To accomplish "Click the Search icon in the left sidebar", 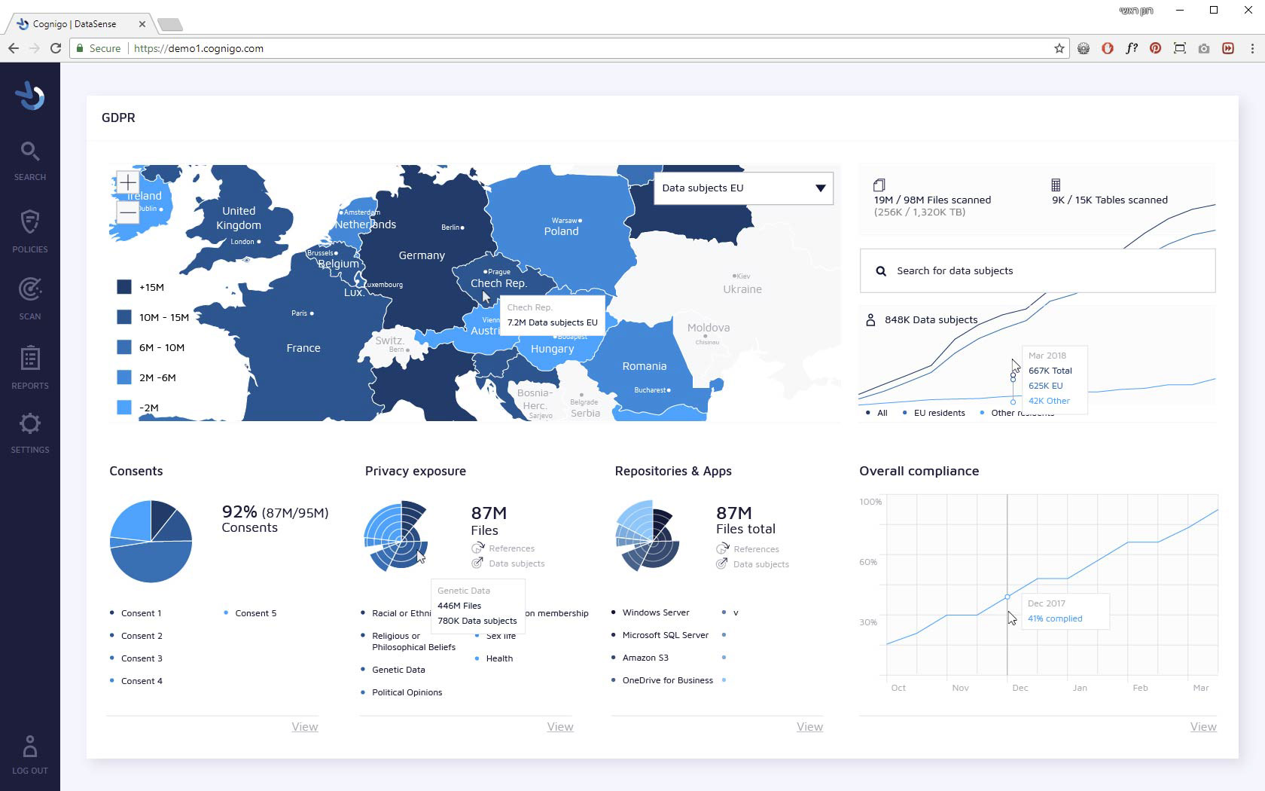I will (30, 152).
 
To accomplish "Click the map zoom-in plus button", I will (128, 183).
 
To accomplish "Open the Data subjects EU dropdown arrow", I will (820, 188).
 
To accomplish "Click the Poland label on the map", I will (562, 231).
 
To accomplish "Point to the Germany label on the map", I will (422, 255).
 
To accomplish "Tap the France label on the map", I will (303, 348).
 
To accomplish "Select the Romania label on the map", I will (644, 366).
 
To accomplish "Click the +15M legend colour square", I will (124, 287).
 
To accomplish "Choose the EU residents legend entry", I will (938, 413).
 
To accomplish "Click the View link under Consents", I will (305, 727).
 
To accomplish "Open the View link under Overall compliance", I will (1203, 727).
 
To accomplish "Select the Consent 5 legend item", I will (255, 613).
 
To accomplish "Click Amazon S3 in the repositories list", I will (645, 658).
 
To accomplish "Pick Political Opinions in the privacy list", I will (407, 692).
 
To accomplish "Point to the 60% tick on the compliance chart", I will (869, 562).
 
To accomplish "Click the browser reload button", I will (56, 48).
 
